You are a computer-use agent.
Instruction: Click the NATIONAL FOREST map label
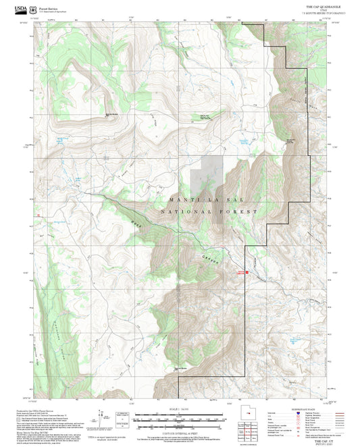click(x=209, y=212)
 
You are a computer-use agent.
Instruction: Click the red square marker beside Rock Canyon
click(x=247, y=272)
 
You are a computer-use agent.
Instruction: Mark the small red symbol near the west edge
click(x=39, y=215)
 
